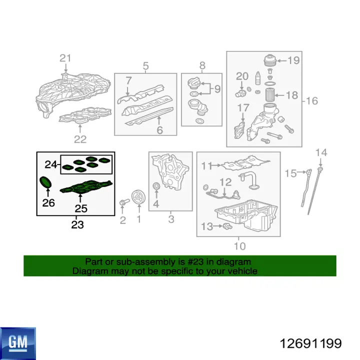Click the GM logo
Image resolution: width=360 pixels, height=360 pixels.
(x=18, y=343)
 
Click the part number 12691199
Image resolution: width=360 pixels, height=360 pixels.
(x=310, y=343)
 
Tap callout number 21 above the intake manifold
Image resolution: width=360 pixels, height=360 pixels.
(x=65, y=58)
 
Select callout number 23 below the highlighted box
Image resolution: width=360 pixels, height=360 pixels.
(x=77, y=224)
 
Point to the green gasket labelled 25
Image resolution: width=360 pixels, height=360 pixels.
(x=86, y=187)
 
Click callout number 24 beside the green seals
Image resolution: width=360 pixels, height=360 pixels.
(x=50, y=164)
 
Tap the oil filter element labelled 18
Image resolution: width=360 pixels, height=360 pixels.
(x=270, y=95)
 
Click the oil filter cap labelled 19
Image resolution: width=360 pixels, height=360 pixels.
(x=270, y=60)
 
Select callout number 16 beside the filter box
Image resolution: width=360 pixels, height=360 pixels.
(x=312, y=101)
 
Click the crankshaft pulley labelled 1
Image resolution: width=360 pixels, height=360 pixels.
(x=138, y=197)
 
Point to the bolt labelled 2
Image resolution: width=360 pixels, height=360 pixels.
(x=124, y=202)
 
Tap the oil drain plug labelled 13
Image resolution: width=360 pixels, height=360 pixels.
(x=227, y=226)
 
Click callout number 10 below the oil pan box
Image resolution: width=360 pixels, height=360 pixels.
(x=239, y=246)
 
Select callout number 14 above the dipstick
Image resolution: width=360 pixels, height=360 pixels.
(x=321, y=152)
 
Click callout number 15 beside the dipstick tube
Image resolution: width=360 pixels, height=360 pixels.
(x=290, y=173)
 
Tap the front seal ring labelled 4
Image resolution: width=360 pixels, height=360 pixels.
(x=156, y=185)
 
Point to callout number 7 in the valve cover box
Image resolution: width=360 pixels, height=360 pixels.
(x=128, y=80)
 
